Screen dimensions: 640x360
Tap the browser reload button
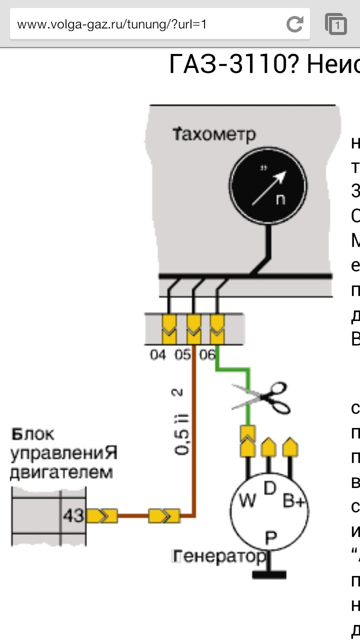click(x=295, y=23)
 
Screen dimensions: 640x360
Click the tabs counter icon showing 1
click(x=336, y=23)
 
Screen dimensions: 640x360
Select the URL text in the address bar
click(x=112, y=24)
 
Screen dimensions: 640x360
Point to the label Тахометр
click(x=214, y=134)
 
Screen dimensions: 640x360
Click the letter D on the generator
click(x=270, y=488)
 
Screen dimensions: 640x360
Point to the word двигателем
click(x=61, y=472)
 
